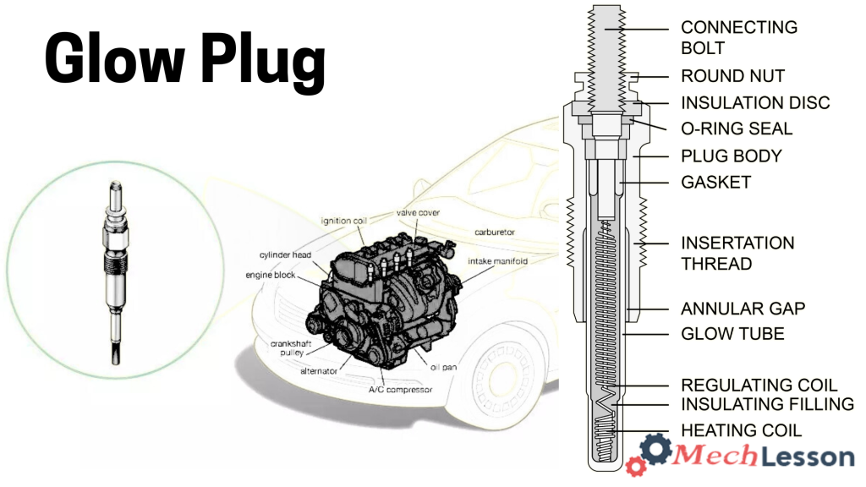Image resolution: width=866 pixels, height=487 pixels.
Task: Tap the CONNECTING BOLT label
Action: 738,37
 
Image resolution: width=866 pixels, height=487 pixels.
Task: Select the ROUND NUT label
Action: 732,76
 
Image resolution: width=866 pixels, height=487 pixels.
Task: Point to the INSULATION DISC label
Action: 755,103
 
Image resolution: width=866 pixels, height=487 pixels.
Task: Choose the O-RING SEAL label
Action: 737,129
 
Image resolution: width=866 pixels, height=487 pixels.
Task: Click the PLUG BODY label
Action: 731,156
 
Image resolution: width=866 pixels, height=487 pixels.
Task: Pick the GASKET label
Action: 715,183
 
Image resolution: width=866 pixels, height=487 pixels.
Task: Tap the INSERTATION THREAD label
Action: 737,253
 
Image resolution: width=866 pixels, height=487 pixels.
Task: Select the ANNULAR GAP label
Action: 743,309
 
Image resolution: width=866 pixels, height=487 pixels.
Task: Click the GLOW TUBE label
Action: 732,334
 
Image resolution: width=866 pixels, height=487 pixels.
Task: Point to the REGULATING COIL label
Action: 759,386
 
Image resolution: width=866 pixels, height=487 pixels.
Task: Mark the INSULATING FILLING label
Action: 767,405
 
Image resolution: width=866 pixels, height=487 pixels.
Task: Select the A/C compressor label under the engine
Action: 400,390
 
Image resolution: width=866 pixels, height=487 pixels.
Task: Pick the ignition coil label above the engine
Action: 343,220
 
